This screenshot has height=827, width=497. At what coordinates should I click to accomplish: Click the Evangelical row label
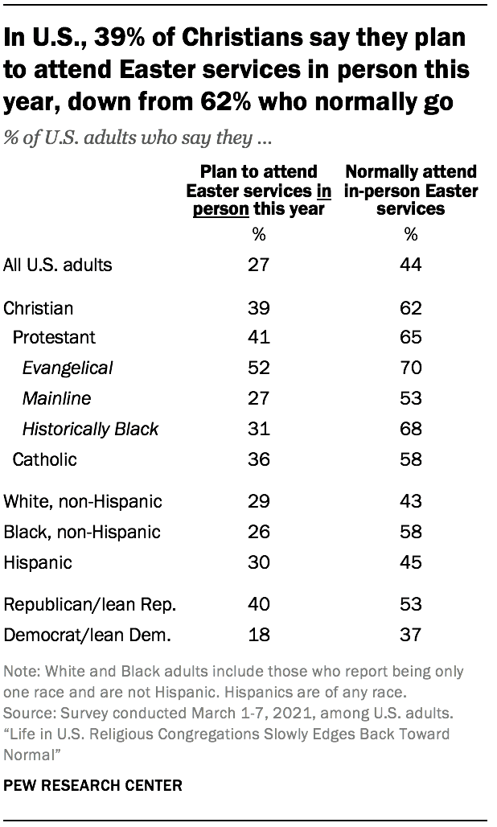[x=68, y=368]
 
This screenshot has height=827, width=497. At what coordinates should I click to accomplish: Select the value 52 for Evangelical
[x=257, y=368]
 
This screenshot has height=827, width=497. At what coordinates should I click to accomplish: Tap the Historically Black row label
[x=90, y=429]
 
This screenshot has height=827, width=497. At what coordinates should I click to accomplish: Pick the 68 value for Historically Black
[x=411, y=429]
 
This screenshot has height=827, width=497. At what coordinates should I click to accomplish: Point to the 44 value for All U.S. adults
[x=411, y=264]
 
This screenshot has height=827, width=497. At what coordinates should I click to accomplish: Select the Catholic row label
[x=45, y=459]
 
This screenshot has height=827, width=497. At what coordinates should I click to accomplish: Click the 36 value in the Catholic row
[x=257, y=459]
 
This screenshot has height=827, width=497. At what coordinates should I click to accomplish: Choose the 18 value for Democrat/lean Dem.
[x=257, y=636]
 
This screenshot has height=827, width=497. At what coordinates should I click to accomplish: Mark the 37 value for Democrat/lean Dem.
[x=411, y=636]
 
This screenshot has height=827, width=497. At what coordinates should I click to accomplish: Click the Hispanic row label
[x=37, y=562]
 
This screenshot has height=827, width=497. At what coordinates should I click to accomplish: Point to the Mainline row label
[x=56, y=398]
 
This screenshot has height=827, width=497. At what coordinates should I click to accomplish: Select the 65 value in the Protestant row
[x=411, y=337]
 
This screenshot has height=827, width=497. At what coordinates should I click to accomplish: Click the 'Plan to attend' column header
[x=257, y=190]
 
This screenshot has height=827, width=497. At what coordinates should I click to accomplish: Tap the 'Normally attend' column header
[x=410, y=190]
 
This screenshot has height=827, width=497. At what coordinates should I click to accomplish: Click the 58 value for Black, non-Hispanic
[x=411, y=532]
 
